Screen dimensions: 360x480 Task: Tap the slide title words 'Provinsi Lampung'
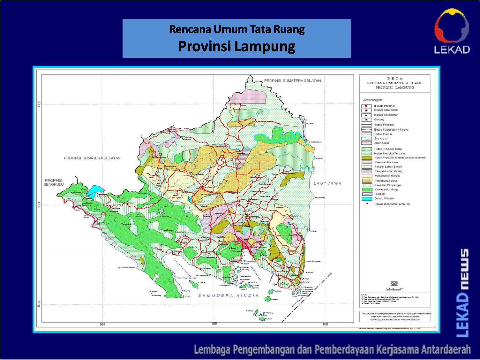pyautogui.click(x=236, y=46)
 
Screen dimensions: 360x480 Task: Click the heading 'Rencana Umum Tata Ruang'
pyautogui.click(x=236, y=29)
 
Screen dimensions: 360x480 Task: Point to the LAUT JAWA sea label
pyautogui.click(x=327, y=183)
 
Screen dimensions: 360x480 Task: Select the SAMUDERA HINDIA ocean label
pyautogui.click(x=229, y=295)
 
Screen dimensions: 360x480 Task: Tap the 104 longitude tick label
pyautogui.click(x=102, y=325)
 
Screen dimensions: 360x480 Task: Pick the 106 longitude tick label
pyautogui.click(x=325, y=325)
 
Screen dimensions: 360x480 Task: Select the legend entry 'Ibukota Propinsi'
pyautogui.click(x=384, y=106)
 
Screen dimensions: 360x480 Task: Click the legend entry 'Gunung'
pyautogui.click(x=379, y=119)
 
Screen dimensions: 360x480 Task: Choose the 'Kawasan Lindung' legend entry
pyautogui.click(x=386, y=189)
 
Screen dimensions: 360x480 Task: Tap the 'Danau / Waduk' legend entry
pyautogui.click(x=384, y=198)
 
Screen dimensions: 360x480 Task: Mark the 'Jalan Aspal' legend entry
pyautogui.click(x=381, y=143)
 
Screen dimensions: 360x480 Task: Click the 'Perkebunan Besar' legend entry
pyautogui.click(x=386, y=180)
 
